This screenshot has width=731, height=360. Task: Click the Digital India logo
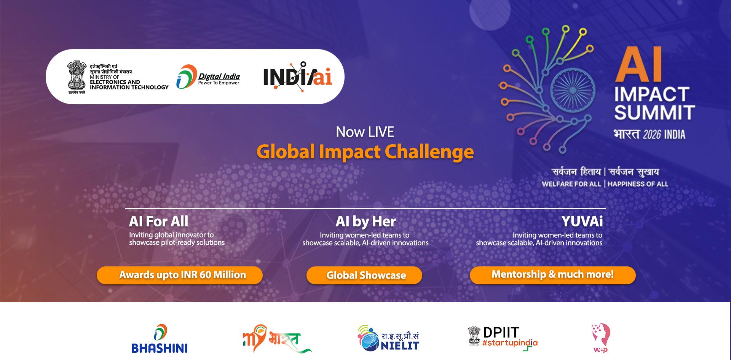coord(208,77)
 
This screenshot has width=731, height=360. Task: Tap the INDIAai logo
coord(297,76)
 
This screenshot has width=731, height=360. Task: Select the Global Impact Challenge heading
coord(365,152)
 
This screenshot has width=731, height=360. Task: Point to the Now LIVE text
coord(365,132)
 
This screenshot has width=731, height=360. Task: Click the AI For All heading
coord(158,221)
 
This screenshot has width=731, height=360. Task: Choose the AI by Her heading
coord(365,221)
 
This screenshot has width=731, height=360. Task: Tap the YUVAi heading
coord(582,221)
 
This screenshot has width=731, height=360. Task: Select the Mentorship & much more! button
coord(552,275)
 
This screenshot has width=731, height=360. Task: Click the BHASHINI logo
coord(160,339)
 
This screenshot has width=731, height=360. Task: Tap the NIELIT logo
coord(388,338)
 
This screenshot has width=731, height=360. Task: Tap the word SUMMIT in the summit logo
coord(654,113)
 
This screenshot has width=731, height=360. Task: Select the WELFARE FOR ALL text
coord(571,184)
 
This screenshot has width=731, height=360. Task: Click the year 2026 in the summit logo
coord(651,135)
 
